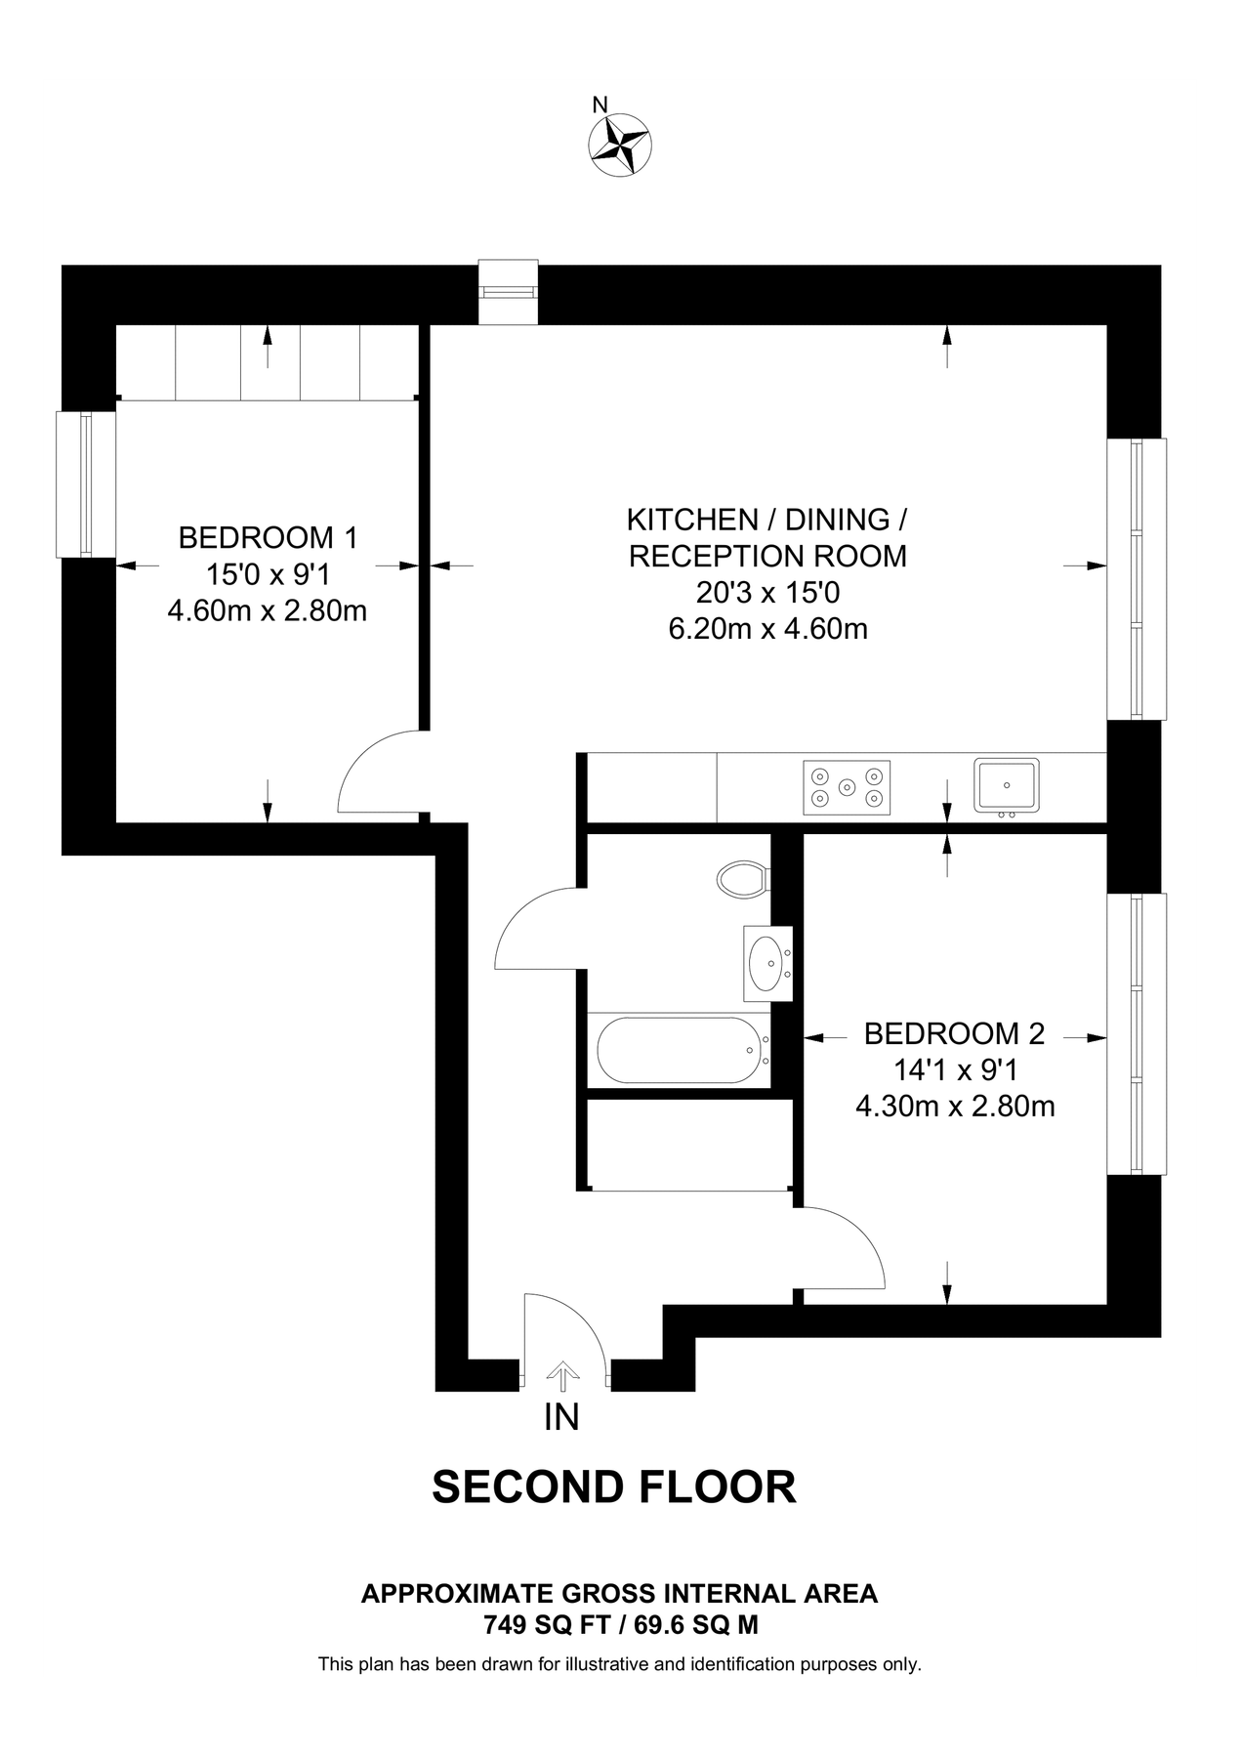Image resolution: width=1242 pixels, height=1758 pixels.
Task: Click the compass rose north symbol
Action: [x=620, y=145]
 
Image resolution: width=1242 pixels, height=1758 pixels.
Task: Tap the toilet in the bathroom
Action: [x=742, y=879]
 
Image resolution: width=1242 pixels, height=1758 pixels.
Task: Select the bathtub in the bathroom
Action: [x=678, y=1051]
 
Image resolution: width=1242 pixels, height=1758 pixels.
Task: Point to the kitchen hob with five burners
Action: [x=847, y=787]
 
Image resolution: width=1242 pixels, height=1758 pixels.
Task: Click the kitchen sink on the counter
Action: [x=1006, y=785]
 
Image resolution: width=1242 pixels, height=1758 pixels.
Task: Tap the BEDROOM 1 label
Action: [x=268, y=537]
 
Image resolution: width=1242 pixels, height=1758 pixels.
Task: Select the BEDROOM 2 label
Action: [x=954, y=1033]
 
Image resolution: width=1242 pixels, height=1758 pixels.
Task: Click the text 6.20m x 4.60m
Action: [x=767, y=629]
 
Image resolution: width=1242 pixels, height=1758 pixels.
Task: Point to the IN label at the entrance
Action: [x=561, y=1417]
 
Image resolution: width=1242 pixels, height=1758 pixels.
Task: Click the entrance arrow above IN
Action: [x=561, y=1375]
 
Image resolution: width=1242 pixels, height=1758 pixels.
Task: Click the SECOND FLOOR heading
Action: [x=613, y=1487]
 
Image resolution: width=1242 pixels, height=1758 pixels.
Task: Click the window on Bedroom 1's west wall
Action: [x=86, y=484]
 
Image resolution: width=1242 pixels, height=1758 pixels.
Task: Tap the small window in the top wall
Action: [x=508, y=291]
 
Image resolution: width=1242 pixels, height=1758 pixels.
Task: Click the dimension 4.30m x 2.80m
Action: [x=954, y=1107]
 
